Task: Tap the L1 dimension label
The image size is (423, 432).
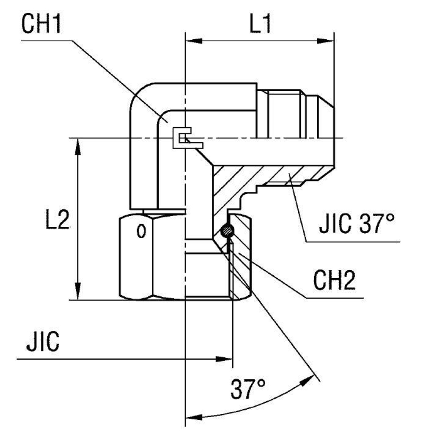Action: [x=260, y=25]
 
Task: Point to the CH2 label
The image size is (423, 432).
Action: [x=334, y=281]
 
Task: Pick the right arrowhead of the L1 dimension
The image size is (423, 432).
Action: [x=326, y=41]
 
